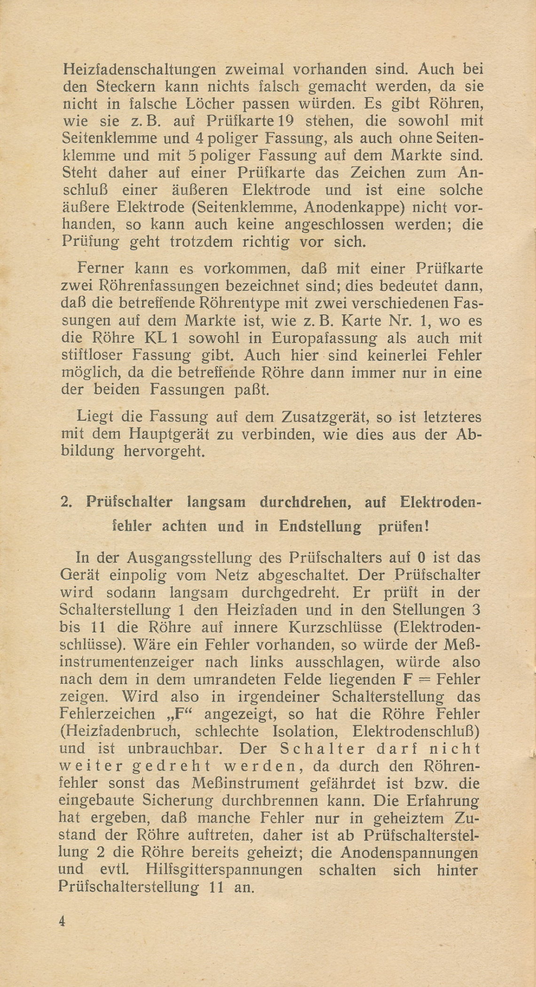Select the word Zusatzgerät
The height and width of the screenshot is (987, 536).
click(324, 417)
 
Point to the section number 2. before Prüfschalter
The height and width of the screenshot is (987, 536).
click(67, 502)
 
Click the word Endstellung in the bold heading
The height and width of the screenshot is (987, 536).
click(320, 525)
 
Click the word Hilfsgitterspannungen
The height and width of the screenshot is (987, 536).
click(224, 870)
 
